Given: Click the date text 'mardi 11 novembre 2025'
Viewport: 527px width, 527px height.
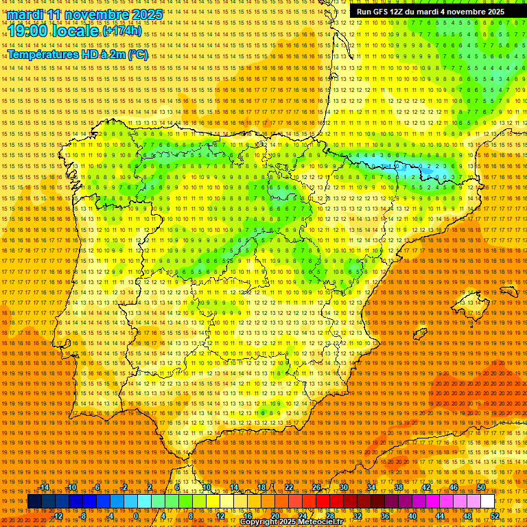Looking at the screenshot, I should click(85, 14).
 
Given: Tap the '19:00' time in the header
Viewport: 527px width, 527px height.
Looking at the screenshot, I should click(28, 32).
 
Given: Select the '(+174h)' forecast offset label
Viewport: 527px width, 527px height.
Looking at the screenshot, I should click(122, 32).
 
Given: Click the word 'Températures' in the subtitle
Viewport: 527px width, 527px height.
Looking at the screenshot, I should click(43, 54).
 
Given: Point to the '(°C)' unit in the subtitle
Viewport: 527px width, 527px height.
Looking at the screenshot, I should click(137, 54).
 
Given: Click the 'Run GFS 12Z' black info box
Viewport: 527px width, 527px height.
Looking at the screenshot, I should click(430, 12).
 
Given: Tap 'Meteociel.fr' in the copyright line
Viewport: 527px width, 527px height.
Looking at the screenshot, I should click(320, 522).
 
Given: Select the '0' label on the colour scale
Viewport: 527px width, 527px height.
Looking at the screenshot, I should click(137, 515).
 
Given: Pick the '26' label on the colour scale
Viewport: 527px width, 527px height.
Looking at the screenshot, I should click(316, 487).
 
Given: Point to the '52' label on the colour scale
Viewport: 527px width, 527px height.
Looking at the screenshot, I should click(495, 515).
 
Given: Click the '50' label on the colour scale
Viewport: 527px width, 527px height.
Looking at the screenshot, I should click(481, 487).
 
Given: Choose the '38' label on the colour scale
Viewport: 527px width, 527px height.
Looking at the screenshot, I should click(399, 487).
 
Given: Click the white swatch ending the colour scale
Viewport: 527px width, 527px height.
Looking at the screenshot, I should click(487, 502).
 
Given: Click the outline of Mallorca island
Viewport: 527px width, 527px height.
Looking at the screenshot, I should click(471, 302).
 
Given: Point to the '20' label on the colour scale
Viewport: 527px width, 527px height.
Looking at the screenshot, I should click(275, 515).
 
